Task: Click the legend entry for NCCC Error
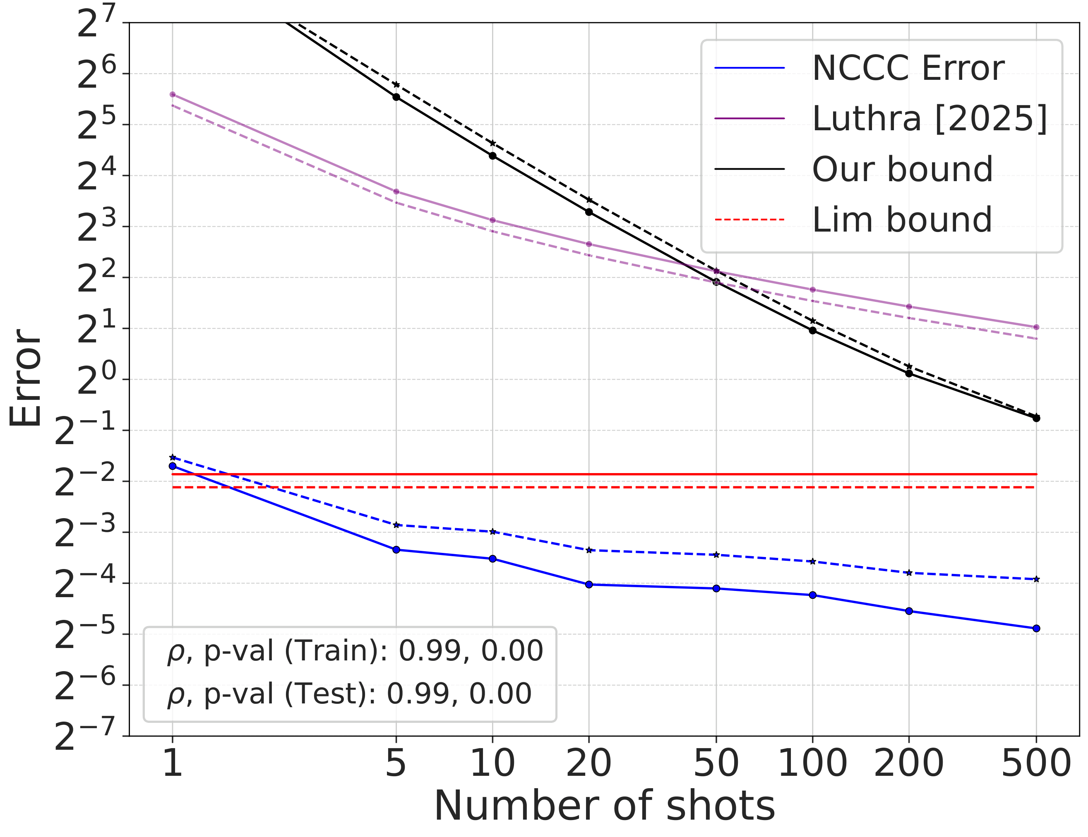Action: click(908, 68)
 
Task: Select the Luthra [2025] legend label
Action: click(929, 119)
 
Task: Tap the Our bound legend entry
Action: click(902, 169)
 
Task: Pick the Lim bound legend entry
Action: click(902, 220)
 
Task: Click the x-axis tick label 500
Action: click(1036, 763)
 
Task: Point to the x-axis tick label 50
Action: click(716, 763)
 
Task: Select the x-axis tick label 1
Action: click(172, 763)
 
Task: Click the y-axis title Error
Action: click(26, 378)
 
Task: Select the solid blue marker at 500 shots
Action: click(1036, 629)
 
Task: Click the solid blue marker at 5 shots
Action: click(396, 550)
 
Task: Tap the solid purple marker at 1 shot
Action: click(172, 95)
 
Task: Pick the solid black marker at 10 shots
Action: click(492, 156)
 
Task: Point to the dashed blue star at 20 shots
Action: click(589, 550)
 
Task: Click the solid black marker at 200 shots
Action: click(909, 373)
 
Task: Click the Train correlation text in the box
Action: click(355, 651)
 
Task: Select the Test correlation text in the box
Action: click(349, 694)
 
